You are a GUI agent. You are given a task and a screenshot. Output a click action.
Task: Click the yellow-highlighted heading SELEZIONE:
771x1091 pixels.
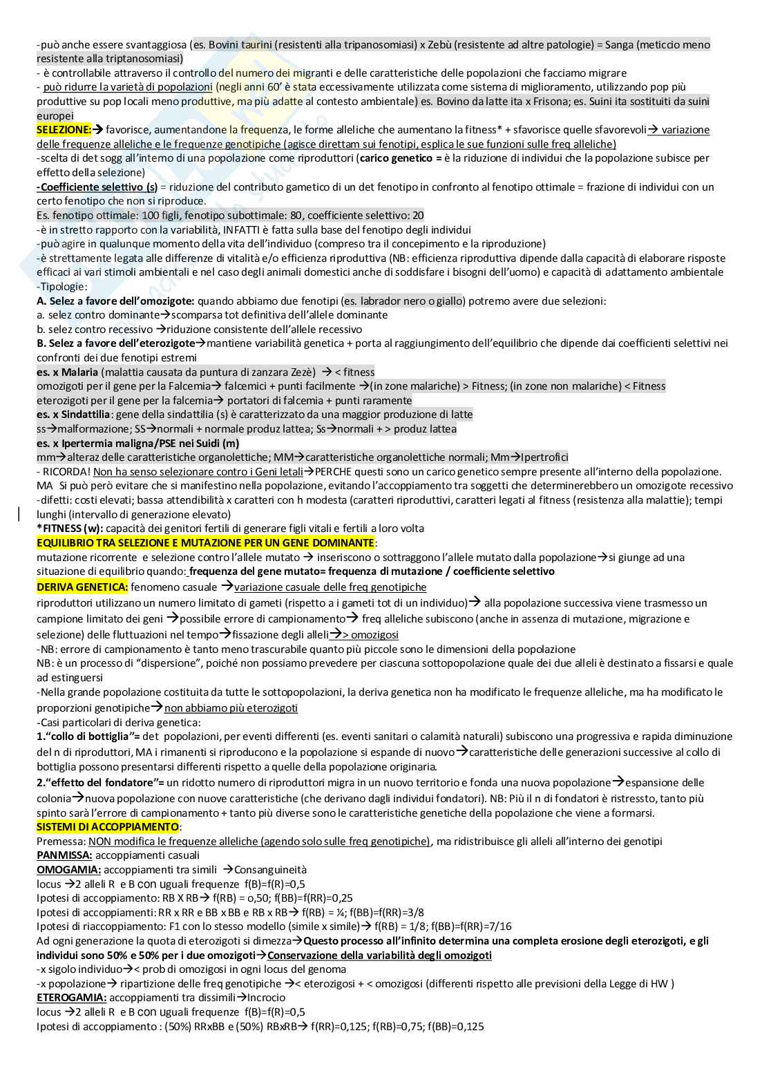pyautogui.click(x=64, y=130)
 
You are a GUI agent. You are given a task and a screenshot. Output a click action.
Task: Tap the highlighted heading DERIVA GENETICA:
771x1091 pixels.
pyautogui.click(x=82, y=587)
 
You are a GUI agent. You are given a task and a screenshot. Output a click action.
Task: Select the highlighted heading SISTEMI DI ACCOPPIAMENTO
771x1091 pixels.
pyautogui.click(x=107, y=827)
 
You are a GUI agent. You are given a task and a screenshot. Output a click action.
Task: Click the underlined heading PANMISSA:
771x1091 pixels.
pyautogui.click(x=64, y=855)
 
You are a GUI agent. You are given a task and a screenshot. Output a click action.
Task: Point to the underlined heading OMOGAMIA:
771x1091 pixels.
pyautogui.click(x=68, y=870)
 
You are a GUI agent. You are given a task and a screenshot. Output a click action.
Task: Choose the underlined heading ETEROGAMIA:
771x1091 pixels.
pyautogui.click(x=71, y=998)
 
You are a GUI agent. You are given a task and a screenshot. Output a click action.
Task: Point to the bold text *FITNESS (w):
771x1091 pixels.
pyautogui.click(x=70, y=529)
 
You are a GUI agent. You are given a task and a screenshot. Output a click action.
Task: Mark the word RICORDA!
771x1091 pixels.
pyautogui.click(x=66, y=472)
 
